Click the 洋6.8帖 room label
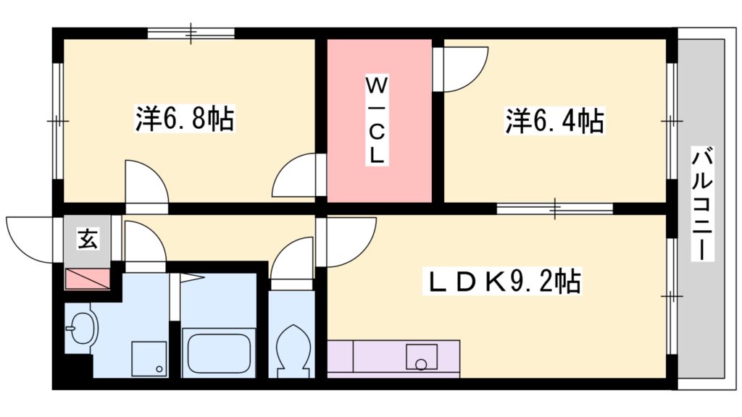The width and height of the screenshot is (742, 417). coord(185,118)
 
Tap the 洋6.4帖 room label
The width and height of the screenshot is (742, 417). coord(554,120)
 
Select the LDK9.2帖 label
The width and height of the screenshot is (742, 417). coord(503,281)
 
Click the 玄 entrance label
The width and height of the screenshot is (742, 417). coord(88,238)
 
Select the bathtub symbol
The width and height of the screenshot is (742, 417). coord(218,353)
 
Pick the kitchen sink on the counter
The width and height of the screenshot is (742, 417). coord(422,357)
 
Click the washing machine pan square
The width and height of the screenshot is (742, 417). coord(149,358)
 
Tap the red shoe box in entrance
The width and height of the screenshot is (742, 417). coord(87,278)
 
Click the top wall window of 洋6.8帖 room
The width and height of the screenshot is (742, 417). coord(191,33)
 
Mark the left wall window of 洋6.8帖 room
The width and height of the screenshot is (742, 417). coord(57,119)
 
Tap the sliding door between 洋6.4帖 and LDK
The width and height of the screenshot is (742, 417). coord(555,208)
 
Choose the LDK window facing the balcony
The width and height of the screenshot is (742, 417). coord(672,296)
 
